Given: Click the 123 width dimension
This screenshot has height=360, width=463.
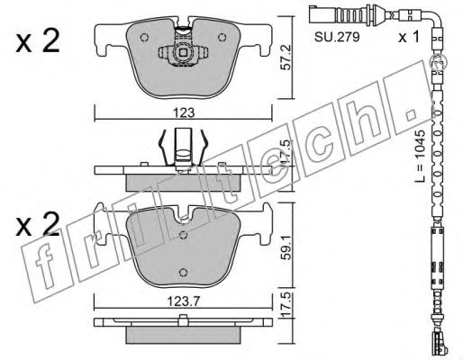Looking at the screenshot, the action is pos(184,113).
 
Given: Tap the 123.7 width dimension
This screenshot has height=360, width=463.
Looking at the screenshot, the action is pos(183,301).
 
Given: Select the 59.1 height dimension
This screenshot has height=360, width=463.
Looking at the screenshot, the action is pos(286,248).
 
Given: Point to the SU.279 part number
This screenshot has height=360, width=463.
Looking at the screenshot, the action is pos(337,37).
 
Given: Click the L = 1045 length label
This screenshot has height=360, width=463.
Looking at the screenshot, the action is pos(422,156).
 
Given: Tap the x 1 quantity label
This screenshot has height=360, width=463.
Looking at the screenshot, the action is pos(408,37).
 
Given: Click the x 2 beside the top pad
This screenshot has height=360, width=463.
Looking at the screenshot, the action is pos(37,42).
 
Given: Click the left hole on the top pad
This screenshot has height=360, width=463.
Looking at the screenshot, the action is pos(144,38).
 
